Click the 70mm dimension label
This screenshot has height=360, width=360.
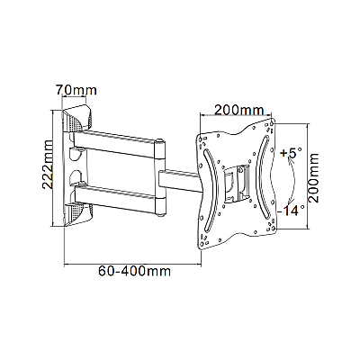[x=76, y=90]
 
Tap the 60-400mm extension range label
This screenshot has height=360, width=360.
[x=134, y=271]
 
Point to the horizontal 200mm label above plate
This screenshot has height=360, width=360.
[x=238, y=111]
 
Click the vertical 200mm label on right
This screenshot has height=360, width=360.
[x=314, y=178]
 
